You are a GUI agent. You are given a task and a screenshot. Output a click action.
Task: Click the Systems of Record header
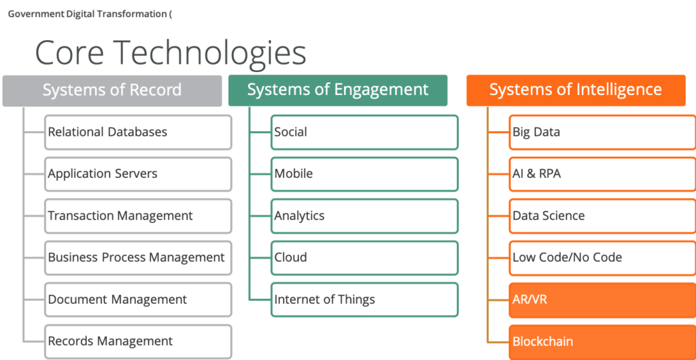coord(112,90)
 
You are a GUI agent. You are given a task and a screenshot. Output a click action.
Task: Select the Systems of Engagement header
coord(338,90)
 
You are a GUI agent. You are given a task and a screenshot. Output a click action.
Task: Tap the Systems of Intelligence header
coord(576,90)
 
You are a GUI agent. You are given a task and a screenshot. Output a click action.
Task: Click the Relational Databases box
coord(138,132)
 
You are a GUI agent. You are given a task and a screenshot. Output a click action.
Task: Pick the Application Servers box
coord(138,174)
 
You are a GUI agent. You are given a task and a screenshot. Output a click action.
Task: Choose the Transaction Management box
coord(138,216)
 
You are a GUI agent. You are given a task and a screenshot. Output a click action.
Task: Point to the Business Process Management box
coord(138,257)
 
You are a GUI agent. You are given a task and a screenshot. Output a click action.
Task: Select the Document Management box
coord(138,300)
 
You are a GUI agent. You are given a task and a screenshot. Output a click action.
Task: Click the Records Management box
coord(138,342)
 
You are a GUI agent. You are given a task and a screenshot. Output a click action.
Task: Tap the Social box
coord(364,132)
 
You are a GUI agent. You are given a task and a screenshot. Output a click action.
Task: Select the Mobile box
coord(364,174)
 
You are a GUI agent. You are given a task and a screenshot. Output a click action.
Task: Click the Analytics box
coord(364,216)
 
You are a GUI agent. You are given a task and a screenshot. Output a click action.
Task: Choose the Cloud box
coord(364,257)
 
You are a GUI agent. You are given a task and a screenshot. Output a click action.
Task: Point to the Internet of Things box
coord(364,300)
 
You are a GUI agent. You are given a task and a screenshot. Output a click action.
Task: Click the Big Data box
coord(602,132)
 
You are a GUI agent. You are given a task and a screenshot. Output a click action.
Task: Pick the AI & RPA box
coord(602,174)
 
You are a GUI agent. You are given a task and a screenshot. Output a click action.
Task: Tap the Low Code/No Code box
coord(602,257)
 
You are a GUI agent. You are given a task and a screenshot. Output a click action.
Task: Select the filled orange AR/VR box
coord(602,300)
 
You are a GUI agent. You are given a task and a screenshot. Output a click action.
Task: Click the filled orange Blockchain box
coord(602,342)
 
